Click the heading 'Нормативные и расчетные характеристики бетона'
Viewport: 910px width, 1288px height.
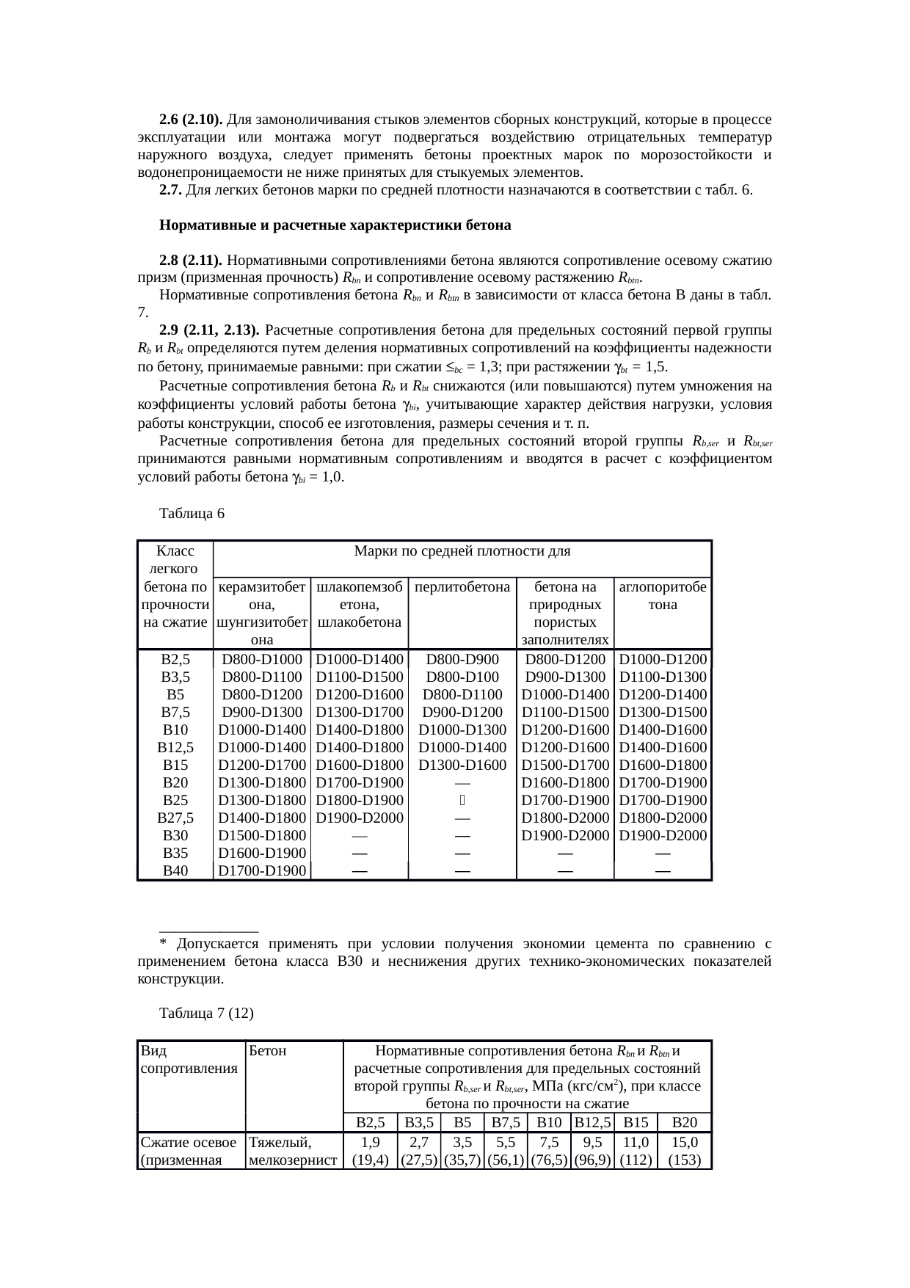click(335, 225)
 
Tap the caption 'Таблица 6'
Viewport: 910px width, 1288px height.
click(192, 514)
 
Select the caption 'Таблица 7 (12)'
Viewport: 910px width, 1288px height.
click(206, 1014)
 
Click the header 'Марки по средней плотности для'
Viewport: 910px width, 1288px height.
click(462, 551)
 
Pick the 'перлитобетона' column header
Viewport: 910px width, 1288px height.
click(462, 587)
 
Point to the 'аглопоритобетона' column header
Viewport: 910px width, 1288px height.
click(662, 596)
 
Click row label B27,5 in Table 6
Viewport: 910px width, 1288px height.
click(175, 818)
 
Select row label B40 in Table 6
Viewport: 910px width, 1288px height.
click(175, 871)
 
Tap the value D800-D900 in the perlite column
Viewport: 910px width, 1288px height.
click(462, 660)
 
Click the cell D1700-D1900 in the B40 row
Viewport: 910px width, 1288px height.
click(262, 871)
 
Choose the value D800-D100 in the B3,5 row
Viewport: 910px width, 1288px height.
click(462, 677)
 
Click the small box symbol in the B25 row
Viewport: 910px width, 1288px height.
click(462, 801)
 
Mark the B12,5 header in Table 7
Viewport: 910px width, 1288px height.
click(592, 1123)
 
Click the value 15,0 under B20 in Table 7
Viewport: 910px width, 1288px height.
click(684, 1143)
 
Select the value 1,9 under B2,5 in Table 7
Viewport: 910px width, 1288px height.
click(370, 1143)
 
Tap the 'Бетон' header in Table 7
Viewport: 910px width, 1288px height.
click(268, 1051)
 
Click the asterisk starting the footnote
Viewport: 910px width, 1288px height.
click(163, 945)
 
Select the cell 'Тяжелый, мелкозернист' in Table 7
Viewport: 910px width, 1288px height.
click(293, 1151)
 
